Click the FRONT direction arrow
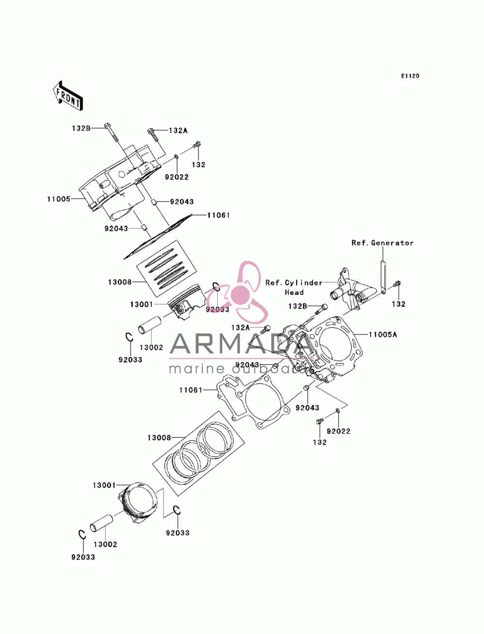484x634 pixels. click(x=68, y=95)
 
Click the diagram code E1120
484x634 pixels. click(x=410, y=76)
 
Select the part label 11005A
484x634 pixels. click(x=383, y=335)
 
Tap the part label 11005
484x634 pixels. click(x=59, y=199)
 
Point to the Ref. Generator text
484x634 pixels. click(x=382, y=243)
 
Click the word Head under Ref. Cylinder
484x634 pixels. click(x=294, y=293)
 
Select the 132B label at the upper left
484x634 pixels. click(x=81, y=128)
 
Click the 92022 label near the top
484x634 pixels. click(x=177, y=177)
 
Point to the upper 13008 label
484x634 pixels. click(x=120, y=282)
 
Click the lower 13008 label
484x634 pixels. click(x=159, y=437)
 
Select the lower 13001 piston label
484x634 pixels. click(x=104, y=485)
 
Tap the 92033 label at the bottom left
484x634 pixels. click(x=83, y=557)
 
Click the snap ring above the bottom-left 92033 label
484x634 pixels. click(x=82, y=535)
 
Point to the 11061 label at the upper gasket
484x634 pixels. click(x=218, y=215)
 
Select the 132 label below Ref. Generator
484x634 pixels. click(x=398, y=304)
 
